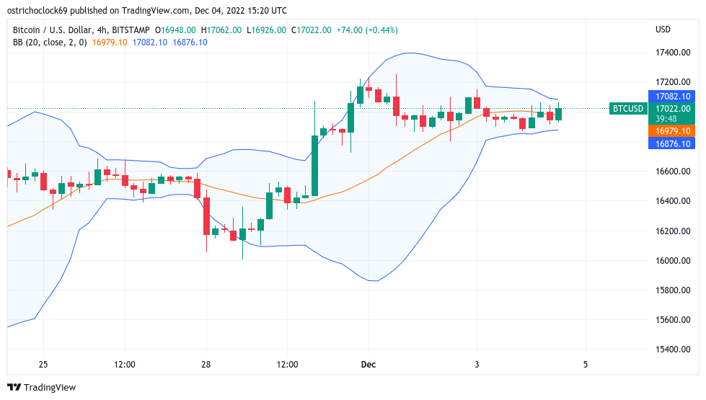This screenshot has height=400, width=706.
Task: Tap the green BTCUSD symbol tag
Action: click(627, 109)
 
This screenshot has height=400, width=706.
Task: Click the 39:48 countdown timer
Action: click(666, 118)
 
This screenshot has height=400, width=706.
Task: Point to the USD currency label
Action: click(663, 30)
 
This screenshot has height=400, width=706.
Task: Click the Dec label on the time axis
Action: click(369, 365)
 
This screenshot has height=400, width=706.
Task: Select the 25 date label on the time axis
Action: click(43, 365)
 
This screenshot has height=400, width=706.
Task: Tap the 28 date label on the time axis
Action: click(206, 365)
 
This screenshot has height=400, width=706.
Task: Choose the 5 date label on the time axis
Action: click(585, 365)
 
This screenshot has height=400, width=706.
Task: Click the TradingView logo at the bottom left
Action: click(41, 388)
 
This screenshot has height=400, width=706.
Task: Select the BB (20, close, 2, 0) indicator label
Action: click(50, 42)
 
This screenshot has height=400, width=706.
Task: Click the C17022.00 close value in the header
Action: click(311, 30)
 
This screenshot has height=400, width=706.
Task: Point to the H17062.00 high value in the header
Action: click(222, 30)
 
